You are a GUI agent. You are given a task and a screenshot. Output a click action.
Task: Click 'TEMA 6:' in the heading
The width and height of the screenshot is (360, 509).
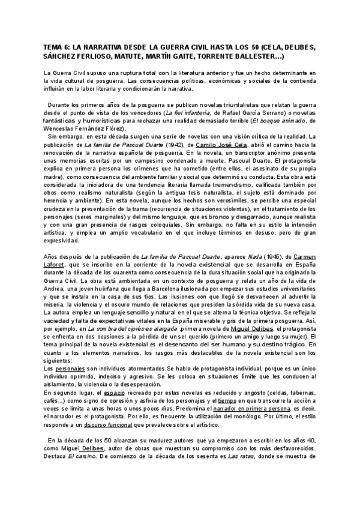[x=58, y=46]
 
